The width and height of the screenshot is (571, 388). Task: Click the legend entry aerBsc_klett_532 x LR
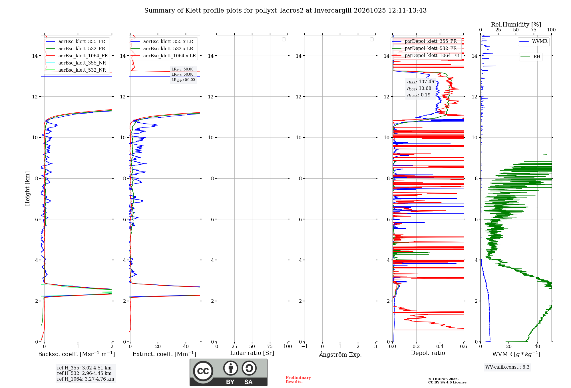(x=168, y=49)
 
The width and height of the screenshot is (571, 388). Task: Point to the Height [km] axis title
(x=27, y=189)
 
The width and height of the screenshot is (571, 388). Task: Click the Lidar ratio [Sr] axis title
(x=252, y=353)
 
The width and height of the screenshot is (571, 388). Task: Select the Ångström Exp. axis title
(x=340, y=354)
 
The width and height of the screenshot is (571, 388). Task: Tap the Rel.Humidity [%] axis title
(x=516, y=25)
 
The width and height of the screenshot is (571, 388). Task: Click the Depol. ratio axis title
(x=428, y=353)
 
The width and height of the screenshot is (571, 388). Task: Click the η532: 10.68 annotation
(x=419, y=88)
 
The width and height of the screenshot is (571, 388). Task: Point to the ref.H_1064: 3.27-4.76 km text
(x=86, y=379)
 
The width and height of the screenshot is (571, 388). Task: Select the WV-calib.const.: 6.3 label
(x=507, y=367)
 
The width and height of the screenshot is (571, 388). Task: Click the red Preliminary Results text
(x=298, y=380)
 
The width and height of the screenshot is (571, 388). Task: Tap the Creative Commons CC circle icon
(x=203, y=371)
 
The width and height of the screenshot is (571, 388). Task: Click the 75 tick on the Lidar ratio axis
(x=270, y=347)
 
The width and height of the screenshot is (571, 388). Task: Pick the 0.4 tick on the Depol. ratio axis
(x=440, y=347)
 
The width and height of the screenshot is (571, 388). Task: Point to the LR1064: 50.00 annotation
(x=183, y=80)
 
